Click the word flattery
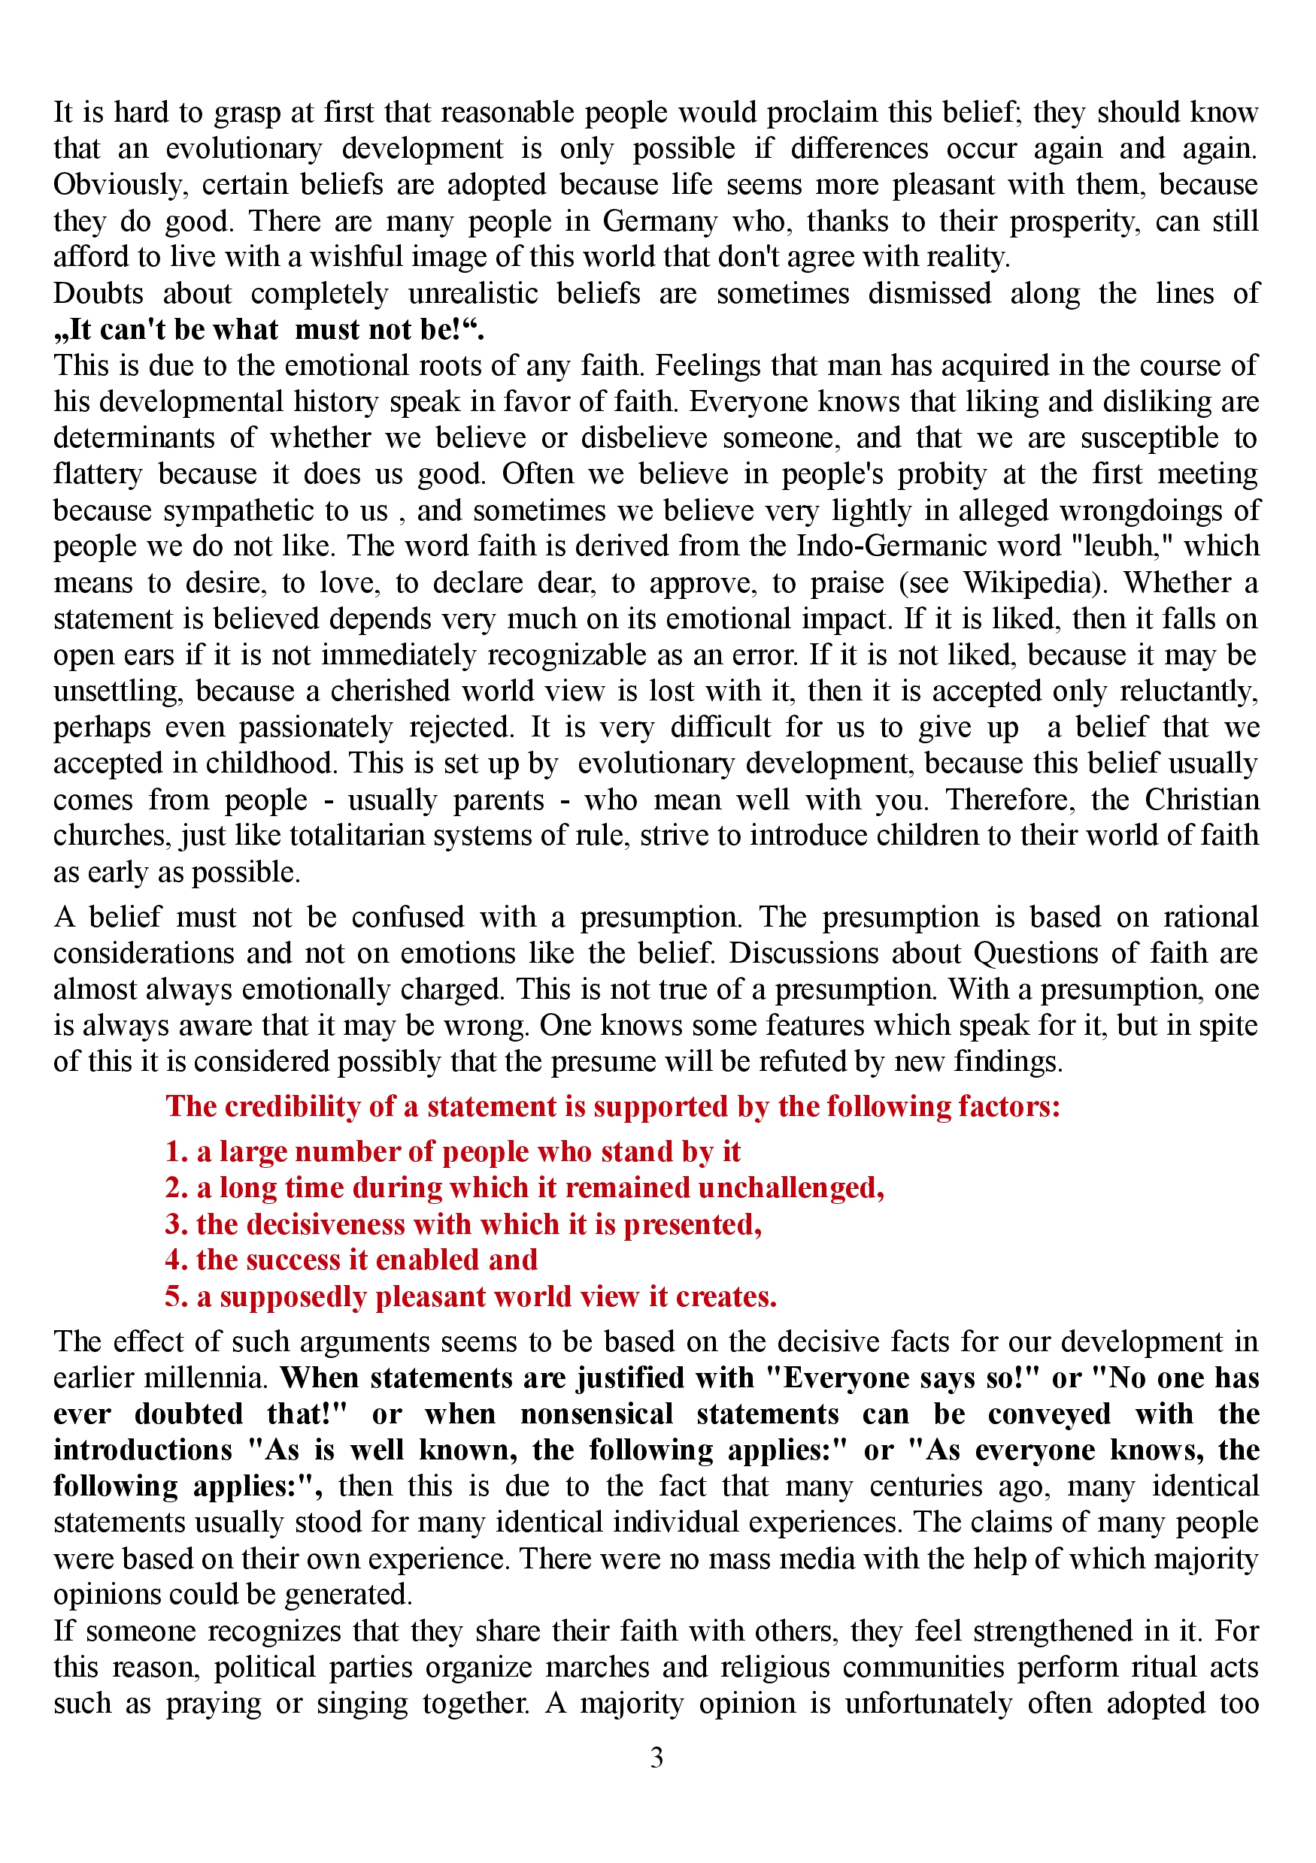tap(98, 474)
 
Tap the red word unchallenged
tap(791, 1188)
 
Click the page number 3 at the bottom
tap(656, 1758)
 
